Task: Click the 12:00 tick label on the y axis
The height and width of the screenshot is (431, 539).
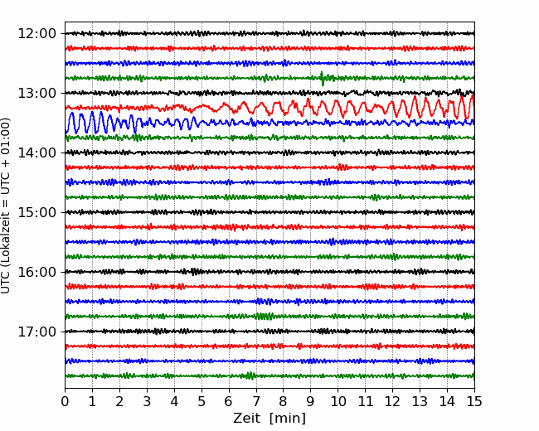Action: [36, 34]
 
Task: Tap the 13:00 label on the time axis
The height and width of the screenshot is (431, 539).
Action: [36, 93]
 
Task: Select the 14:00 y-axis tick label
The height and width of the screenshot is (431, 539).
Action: [36, 153]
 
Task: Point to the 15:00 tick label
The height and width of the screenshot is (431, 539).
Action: [36, 212]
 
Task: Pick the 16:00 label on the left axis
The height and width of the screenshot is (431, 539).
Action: [36, 272]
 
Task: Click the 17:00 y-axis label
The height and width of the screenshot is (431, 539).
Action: [36, 332]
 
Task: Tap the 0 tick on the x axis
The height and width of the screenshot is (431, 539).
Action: [65, 401]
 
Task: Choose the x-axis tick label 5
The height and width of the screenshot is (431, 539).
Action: [202, 401]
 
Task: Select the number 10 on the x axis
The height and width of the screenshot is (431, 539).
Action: [338, 401]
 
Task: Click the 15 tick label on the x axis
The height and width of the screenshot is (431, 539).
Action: [474, 401]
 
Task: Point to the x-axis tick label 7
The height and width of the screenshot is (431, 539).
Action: [256, 401]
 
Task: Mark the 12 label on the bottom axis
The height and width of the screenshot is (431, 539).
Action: [393, 401]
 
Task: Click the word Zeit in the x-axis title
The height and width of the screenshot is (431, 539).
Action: [245, 418]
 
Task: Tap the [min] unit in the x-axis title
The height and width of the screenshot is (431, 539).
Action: [288, 419]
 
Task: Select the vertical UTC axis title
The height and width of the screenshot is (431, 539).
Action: [6, 206]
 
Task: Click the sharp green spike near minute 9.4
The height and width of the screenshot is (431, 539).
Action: [322, 79]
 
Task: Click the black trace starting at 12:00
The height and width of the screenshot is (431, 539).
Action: [269, 34]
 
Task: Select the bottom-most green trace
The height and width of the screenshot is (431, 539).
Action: [269, 375]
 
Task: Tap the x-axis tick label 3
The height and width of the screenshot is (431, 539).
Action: [147, 401]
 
